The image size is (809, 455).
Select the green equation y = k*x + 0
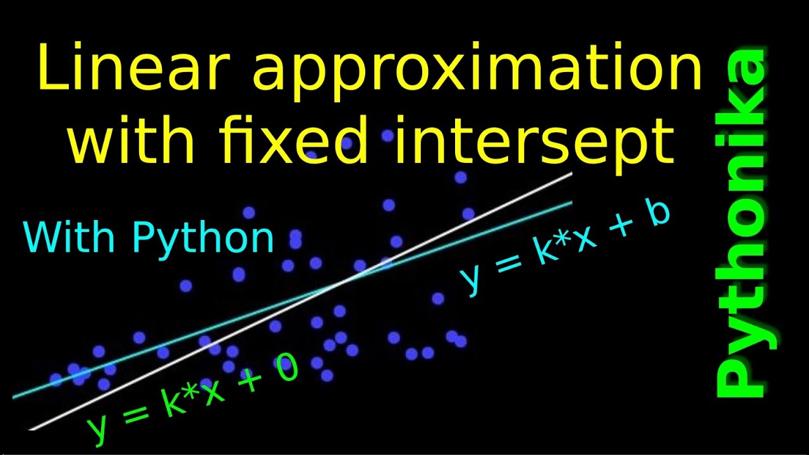[x=192, y=398]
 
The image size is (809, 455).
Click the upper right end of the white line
[x=571, y=173]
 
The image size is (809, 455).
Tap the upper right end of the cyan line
[x=571, y=203]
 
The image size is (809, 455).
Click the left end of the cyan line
[x=14, y=397]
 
